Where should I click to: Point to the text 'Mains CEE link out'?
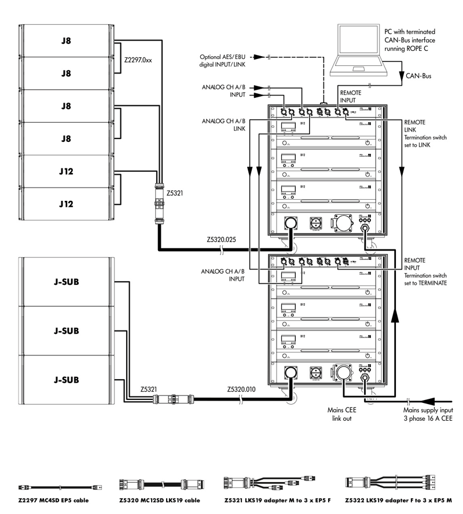pos(339,414)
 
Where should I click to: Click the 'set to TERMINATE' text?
pos(425,284)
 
